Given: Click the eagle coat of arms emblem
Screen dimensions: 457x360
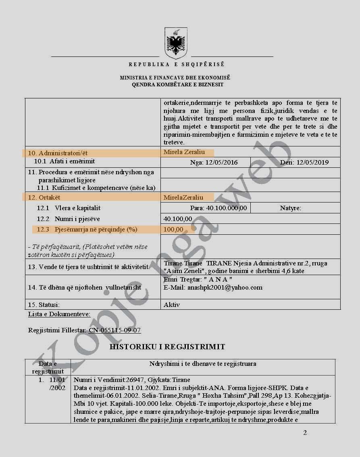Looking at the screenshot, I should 176,43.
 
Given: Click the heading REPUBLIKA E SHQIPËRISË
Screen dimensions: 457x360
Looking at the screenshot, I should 177,65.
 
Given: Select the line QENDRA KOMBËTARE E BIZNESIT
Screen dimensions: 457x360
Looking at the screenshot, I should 177,85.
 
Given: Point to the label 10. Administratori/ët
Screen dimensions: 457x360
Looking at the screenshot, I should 58,153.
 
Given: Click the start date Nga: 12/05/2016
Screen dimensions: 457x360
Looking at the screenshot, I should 214,163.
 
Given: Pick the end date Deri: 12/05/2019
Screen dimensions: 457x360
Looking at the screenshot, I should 304,163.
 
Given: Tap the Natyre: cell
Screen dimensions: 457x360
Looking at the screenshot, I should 290,208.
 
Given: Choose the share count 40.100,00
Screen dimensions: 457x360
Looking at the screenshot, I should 178,219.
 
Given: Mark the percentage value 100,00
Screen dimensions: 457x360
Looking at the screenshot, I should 173,230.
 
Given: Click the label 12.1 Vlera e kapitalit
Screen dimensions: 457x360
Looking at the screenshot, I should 69,208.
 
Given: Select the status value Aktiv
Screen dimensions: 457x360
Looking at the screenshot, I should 172,305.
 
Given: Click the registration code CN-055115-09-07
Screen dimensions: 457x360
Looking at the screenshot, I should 115,330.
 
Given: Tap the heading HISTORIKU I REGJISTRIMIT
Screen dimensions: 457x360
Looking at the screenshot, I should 167,347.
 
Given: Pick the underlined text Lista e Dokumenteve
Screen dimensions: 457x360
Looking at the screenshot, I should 59,314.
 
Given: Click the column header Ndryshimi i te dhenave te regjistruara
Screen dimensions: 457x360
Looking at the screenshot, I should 203,364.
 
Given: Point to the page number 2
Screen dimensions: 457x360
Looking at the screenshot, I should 305,433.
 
